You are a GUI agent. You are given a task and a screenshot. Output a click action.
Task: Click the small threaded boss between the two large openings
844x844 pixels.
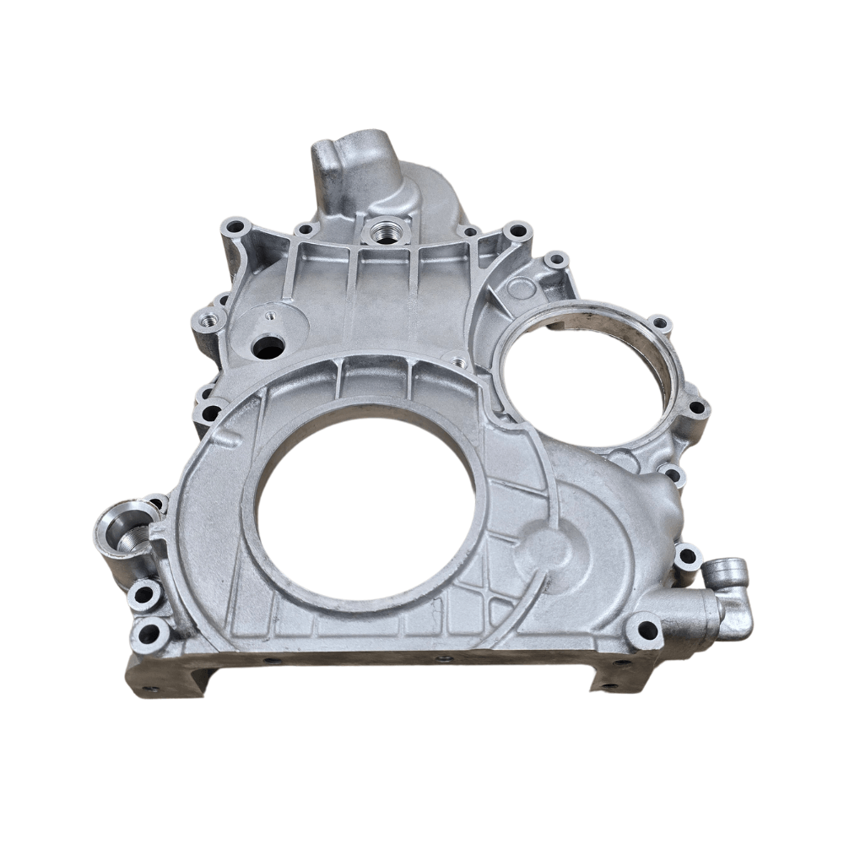458,362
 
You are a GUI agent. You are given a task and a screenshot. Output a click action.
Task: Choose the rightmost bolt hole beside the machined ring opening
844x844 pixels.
697,408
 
